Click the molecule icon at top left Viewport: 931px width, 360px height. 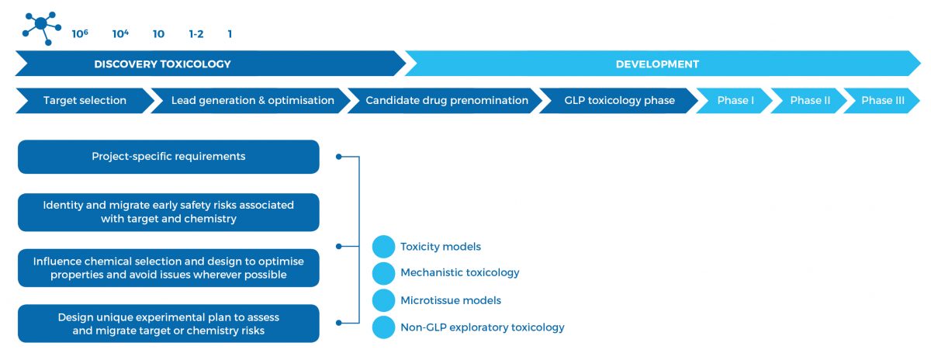(x=42, y=28)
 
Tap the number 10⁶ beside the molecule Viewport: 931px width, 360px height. (x=80, y=33)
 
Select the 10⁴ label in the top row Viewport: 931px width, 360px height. (x=120, y=33)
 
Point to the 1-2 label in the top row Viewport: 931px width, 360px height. (x=196, y=33)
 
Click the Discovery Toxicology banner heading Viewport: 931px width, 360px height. (x=162, y=64)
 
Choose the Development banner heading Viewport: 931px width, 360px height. (x=657, y=64)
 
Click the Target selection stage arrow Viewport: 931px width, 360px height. (x=85, y=101)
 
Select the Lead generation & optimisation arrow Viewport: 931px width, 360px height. (x=251, y=101)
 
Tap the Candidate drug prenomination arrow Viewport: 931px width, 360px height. (x=445, y=101)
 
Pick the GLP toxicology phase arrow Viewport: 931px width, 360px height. (x=618, y=101)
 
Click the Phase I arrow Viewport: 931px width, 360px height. (x=734, y=101)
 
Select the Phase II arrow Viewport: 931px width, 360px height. (x=808, y=101)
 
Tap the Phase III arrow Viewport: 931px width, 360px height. (x=881, y=101)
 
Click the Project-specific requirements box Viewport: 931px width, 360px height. (x=168, y=157)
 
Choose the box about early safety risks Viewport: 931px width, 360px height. (x=168, y=212)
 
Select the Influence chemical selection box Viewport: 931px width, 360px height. (x=168, y=268)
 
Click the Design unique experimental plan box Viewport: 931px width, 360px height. (x=168, y=324)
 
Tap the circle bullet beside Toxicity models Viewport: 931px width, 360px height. (x=383, y=247)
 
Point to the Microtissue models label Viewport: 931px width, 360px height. (x=451, y=300)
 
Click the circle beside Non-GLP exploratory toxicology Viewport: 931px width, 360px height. (x=383, y=327)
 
